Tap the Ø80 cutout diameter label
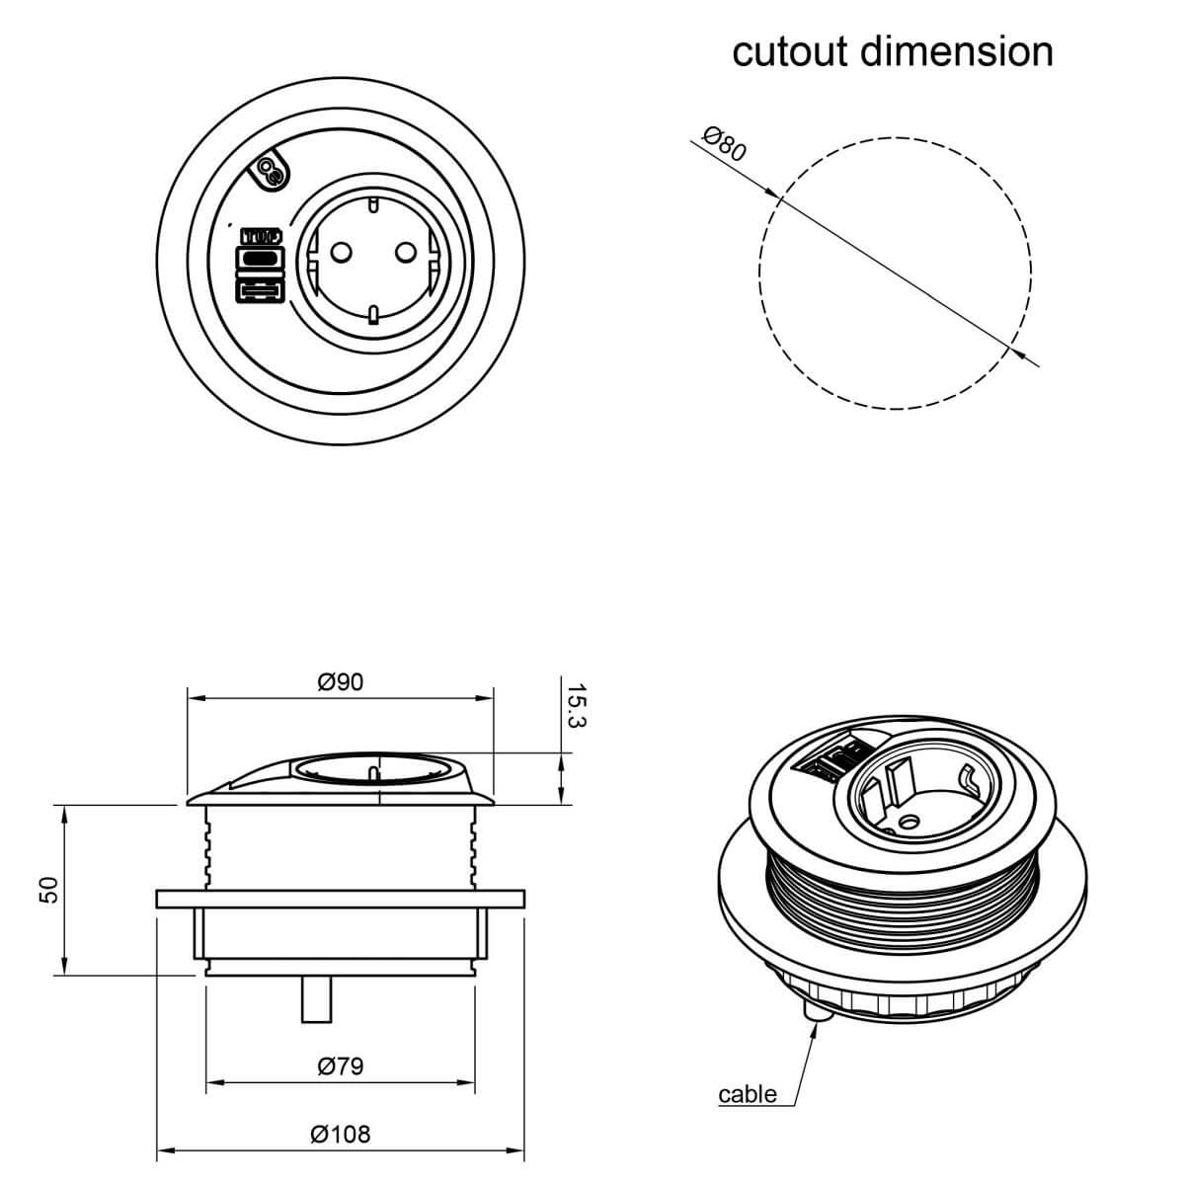pyautogui.click(x=725, y=143)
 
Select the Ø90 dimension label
pyautogui.click(x=340, y=681)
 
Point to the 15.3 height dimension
pyautogui.click(x=576, y=705)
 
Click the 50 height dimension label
pyautogui.click(x=48, y=889)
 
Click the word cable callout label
pyautogui.click(x=748, y=1094)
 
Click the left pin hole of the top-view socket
pyautogui.click(x=340, y=252)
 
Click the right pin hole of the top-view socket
pyautogui.click(x=406, y=252)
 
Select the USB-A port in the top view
pyautogui.click(x=260, y=290)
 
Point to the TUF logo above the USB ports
pyautogui.click(x=261, y=237)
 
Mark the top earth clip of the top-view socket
pyautogui.click(x=372, y=204)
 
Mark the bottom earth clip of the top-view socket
pyautogui.click(x=372, y=314)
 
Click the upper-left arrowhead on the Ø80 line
pyautogui.click(x=772, y=193)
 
